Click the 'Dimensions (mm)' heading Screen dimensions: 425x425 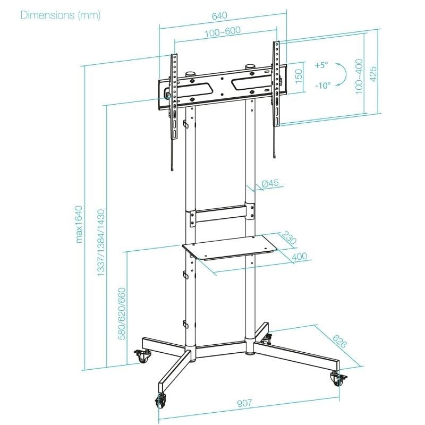point(60,15)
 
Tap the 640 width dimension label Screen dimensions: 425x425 point(219,16)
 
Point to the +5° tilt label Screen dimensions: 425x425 point(321,65)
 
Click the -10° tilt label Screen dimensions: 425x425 point(322,85)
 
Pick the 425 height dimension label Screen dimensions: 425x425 point(373,73)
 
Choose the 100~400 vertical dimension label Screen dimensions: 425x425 point(360,77)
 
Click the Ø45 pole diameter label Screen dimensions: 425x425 point(270,184)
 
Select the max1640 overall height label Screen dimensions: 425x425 point(80,223)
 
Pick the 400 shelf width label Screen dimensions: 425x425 point(299,257)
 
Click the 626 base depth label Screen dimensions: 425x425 point(340,342)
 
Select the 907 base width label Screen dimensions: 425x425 point(244,403)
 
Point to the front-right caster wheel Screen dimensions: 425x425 point(336,380)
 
